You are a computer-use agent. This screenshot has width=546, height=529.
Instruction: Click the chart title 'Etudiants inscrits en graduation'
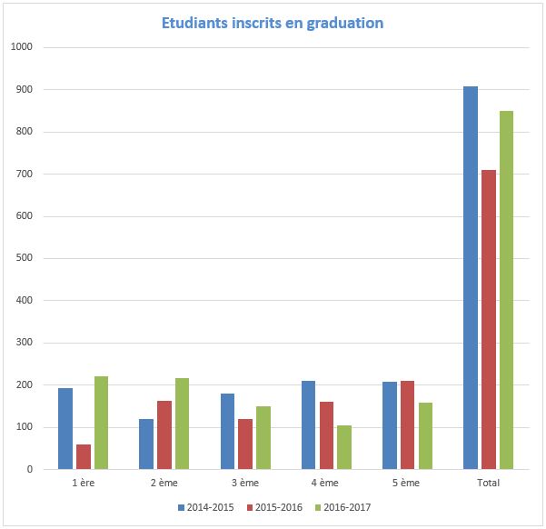point(273,22)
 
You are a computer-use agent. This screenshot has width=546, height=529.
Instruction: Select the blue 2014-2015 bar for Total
point(470,277)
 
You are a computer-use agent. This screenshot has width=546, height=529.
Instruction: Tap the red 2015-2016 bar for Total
point(489,319)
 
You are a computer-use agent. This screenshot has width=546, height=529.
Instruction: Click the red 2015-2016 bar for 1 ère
point(84,456)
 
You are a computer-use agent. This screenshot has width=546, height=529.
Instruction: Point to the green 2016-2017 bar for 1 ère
point(101,423)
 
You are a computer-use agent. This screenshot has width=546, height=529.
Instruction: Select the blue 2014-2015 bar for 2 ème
point(146,444)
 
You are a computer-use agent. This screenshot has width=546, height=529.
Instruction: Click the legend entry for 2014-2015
point(205,507)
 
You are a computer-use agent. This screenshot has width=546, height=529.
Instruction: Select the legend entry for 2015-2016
point(272,507)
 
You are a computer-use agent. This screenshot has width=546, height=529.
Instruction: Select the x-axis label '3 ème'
point(245,483)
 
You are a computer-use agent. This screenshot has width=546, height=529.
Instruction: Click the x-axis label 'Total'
point(488,483)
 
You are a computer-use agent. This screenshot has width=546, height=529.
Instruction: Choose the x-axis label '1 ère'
point(83,483)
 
